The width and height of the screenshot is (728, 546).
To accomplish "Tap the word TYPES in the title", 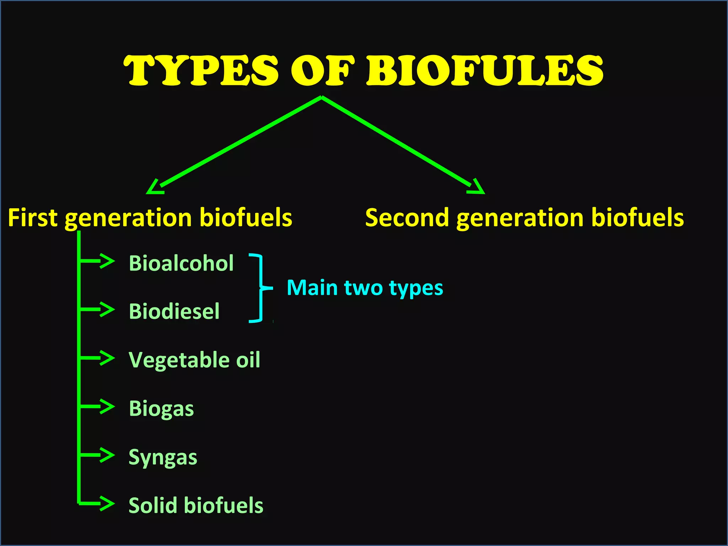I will (x=201, y=71).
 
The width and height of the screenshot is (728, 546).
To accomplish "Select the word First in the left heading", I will (x=32, y=218).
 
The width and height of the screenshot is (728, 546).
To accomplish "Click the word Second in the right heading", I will (x=407, y=218).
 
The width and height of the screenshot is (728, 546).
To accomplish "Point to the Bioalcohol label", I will (x=181, y=263).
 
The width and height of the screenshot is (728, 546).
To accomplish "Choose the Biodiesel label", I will (x=174, y=312).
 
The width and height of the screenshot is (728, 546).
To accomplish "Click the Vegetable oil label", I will (x=194, y=360).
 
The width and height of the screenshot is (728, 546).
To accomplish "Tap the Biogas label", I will (x=161, y=409).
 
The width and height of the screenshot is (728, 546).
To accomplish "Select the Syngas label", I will (x=163, y=457).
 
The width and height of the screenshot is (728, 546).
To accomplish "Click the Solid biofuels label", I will (x=196, y=505).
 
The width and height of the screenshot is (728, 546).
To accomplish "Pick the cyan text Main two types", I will (x=365, y=288).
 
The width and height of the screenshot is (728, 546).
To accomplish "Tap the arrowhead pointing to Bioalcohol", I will (x=107, y=261).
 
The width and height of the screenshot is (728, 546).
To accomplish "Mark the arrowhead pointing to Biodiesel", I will (x=107, y=310).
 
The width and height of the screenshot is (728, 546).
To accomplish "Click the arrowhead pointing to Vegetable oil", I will (x=107, y=358).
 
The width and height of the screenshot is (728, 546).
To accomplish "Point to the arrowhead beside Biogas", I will (x=107, y=407).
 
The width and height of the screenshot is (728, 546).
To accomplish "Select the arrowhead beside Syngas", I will (x=107, y=455).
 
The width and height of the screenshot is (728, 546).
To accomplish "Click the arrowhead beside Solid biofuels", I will (x=107, y=504).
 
